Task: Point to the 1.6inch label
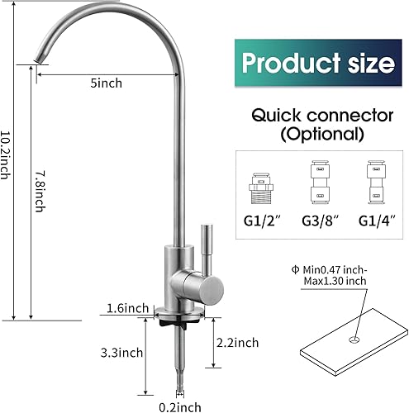127,308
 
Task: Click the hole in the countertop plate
354,339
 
